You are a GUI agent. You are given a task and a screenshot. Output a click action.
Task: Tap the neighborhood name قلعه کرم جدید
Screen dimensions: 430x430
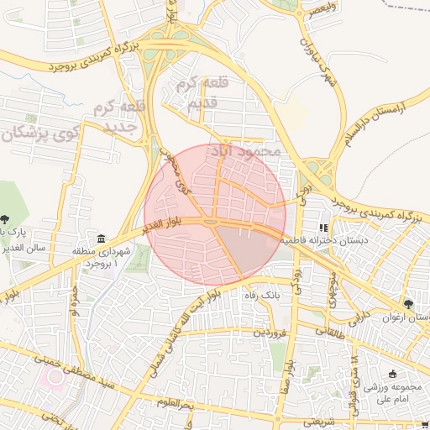(x=123, y=117)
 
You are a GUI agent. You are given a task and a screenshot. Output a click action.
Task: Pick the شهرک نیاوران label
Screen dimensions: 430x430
(x=320, y=64)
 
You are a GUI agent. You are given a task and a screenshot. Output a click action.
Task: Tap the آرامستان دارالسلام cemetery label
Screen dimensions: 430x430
(x=370, y=121)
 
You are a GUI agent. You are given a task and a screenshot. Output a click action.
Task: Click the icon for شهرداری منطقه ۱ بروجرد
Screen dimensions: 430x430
(x=102, y=239)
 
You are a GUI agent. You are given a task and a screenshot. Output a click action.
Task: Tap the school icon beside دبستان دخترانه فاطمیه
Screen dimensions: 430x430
(x=323, y=228)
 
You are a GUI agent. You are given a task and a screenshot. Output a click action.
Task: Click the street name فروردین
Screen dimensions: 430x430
(x=270, y=333)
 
